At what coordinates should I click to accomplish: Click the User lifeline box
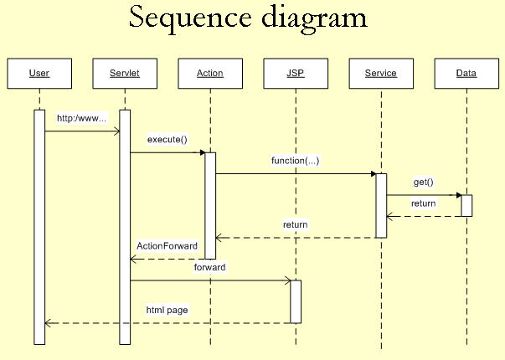point(39,73)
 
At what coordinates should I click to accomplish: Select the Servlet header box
point(124,73)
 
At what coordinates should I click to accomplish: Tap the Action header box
point(210,73)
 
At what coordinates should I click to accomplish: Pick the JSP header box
point(295,73)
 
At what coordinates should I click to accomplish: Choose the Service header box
point(381,73)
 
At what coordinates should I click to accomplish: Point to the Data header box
point(466,73)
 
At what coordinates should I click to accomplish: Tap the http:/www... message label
point(81,118)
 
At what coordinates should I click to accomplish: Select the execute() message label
point(167,139)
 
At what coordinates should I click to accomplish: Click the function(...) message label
point(295,160)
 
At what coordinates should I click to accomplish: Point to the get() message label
point(423,182)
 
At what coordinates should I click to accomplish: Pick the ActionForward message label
point(167,246)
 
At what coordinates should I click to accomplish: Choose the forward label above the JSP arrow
point(209,267)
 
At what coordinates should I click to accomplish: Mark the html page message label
point(167,310)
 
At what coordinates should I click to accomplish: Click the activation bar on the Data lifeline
point(466,205)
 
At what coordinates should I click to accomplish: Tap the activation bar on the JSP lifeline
point(296,301)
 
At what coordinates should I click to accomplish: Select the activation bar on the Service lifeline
point(381,205)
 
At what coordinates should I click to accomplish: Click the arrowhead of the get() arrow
point(458,195)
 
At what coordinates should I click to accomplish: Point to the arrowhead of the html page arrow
point(48,323)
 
